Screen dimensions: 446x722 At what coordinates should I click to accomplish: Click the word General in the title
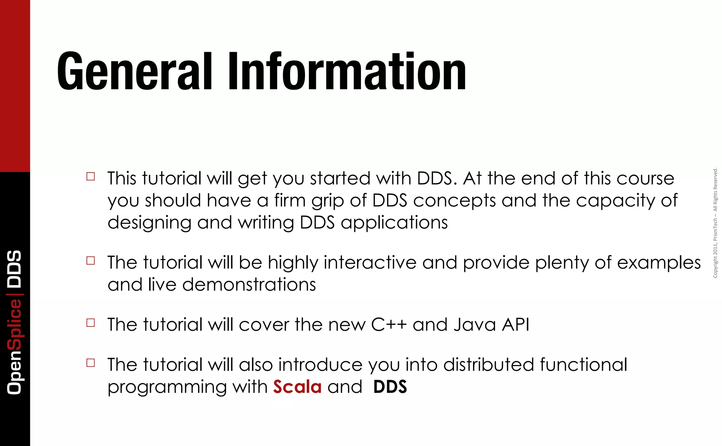click(x=134, y=72)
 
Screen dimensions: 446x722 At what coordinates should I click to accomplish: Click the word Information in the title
click(x=347, y=72)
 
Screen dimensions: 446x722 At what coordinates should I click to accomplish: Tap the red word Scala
click(x=297, y=387)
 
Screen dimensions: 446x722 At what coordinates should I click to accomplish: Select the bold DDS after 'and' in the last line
click(x=390, y=387)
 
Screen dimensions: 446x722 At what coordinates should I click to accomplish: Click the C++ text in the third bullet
click(x=389, y=324)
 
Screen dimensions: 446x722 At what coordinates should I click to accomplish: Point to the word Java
click(x=475, y=324)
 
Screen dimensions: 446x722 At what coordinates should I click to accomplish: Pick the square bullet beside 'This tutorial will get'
click(x=91, y=176)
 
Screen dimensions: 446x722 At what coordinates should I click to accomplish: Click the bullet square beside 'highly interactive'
click(x=91, y=261)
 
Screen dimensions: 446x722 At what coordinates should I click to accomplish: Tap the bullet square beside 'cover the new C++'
click(x=91, y=323)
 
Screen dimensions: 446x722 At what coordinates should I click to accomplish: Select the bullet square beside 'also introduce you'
click(x=91, y=363)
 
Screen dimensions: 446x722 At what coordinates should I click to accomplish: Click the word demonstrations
click(x=249, y=285)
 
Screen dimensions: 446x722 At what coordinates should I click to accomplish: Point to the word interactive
click(x=370, y=263)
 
